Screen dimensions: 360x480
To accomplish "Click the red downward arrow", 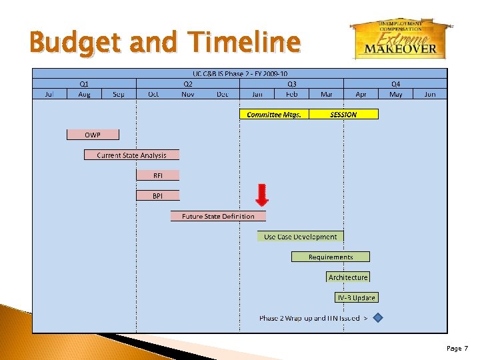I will [x=262, y=194].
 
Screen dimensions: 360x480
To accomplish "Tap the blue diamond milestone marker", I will [x=378, y=318].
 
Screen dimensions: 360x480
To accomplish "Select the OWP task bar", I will [x=93, y=135].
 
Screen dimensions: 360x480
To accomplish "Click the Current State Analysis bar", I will [x=131, y=155].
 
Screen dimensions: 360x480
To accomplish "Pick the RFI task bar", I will [x=157, y=175].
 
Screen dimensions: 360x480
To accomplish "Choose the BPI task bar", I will [x=157, y=196].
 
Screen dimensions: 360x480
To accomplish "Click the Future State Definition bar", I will [x=218, y=216].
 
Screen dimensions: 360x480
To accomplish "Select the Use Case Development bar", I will [x=300, y=237].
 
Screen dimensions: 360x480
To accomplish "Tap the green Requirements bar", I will [x=331, y=257].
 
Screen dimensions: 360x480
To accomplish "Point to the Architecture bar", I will [x=347, y=277].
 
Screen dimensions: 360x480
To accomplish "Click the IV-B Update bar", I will [x=355, y=297].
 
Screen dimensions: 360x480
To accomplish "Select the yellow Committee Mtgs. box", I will [x=274, y=114].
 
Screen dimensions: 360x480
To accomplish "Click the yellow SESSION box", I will [x=343, y=114].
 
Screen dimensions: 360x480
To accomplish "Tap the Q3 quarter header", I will [x=292, y=84].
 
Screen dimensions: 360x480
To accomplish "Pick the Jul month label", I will [x=49, y=94].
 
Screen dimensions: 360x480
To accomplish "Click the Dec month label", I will [x=223, y=94].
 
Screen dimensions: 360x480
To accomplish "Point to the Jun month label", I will [x=430, y=94].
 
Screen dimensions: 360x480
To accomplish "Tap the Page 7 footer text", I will [x=457, y=349].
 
